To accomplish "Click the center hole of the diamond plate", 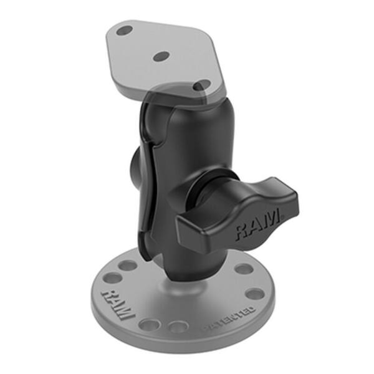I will point(161,56).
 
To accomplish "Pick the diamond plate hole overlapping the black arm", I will point(201,85).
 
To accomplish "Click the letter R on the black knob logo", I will point(241,234).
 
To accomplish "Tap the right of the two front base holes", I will point(178,326).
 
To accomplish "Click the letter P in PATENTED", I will point(208,326).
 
